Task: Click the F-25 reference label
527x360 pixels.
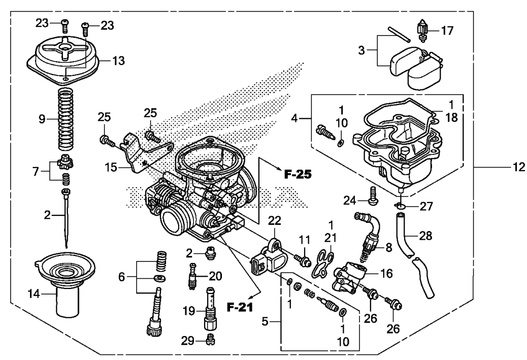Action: [x=298, y=174]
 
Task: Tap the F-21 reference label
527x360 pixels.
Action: [x=240, y=307]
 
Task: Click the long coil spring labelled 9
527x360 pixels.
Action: [x=66, y=119]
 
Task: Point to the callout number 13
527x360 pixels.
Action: [x=118, y=61]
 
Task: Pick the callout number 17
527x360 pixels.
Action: [x=447, y=30]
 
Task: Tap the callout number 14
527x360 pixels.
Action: [x=34, y=294]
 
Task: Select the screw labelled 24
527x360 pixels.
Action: [x=372, y=195]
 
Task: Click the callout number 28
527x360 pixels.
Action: [x=425, y=236]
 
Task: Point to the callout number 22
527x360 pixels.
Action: [x=274, y=221]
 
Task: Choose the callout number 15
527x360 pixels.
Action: [x=111, y=167]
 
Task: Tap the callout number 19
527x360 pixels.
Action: [x=189, y=311]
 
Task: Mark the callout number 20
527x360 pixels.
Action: [x=215, y=276]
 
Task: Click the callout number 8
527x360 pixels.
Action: [x=389, y=248]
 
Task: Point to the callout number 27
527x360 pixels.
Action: [x=426, y=206]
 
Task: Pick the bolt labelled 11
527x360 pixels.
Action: [x=303, y=260]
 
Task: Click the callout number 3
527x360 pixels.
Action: [x=361, y=50]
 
